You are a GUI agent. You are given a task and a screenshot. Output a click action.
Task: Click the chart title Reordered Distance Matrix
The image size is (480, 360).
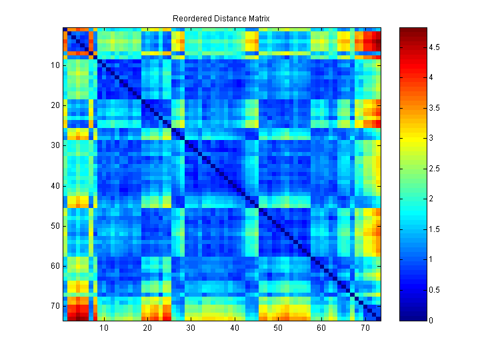pos(221,18)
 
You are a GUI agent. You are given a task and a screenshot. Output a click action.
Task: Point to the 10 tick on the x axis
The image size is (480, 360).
pos(103,329)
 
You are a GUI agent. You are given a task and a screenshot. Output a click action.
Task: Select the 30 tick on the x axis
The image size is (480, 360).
pos(191,329)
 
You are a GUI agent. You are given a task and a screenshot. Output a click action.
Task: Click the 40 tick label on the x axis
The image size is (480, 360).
pos(234,329)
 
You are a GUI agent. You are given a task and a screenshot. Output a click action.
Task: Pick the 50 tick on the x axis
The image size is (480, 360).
pos(277,329)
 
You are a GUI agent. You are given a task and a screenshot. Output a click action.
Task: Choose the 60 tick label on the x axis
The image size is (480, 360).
pos(321,329)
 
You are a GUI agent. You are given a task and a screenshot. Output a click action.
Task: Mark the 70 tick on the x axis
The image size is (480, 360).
pos(365,329)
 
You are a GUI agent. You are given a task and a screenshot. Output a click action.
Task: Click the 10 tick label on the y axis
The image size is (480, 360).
pos(55,65)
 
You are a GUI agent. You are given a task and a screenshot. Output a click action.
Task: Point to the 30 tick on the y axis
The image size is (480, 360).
pos(55,145)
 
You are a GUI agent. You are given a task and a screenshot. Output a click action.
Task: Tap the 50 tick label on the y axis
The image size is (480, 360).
pos(55,225)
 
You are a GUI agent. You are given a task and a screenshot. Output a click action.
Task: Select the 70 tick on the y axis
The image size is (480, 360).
pos(55,305)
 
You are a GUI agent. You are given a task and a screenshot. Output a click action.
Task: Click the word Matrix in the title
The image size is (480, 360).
pos(256,18)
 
